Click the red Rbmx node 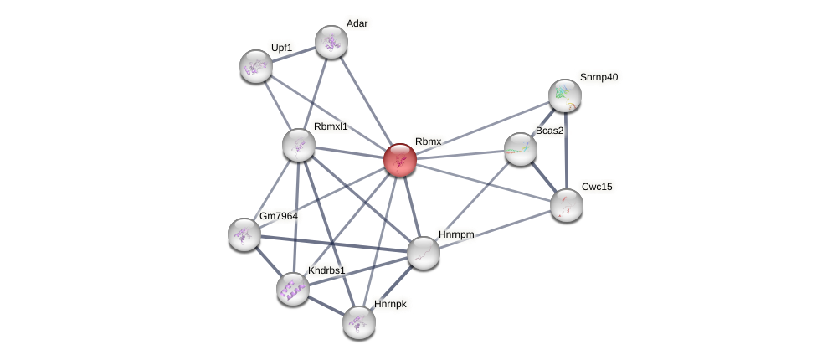[400, 159]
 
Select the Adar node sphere [331, 42]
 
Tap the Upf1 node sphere [256, 66]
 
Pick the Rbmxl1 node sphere [299, 145]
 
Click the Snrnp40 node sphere [565, 95]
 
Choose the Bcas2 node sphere [521, 149]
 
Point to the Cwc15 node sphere [567, 205]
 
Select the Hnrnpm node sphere [424, 253]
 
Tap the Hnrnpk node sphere [359, 322]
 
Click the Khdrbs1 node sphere [293, 289]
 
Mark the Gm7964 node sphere [244, 234]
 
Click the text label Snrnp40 [599, 77]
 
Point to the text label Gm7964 [279, 216]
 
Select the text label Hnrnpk [390, 304]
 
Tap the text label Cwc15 [597, 187]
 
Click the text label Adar [357, 23]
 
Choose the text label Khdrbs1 [326, 270]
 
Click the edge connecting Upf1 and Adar [294, 54]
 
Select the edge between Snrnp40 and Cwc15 [566, 151]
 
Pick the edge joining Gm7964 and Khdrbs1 [269, 262]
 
